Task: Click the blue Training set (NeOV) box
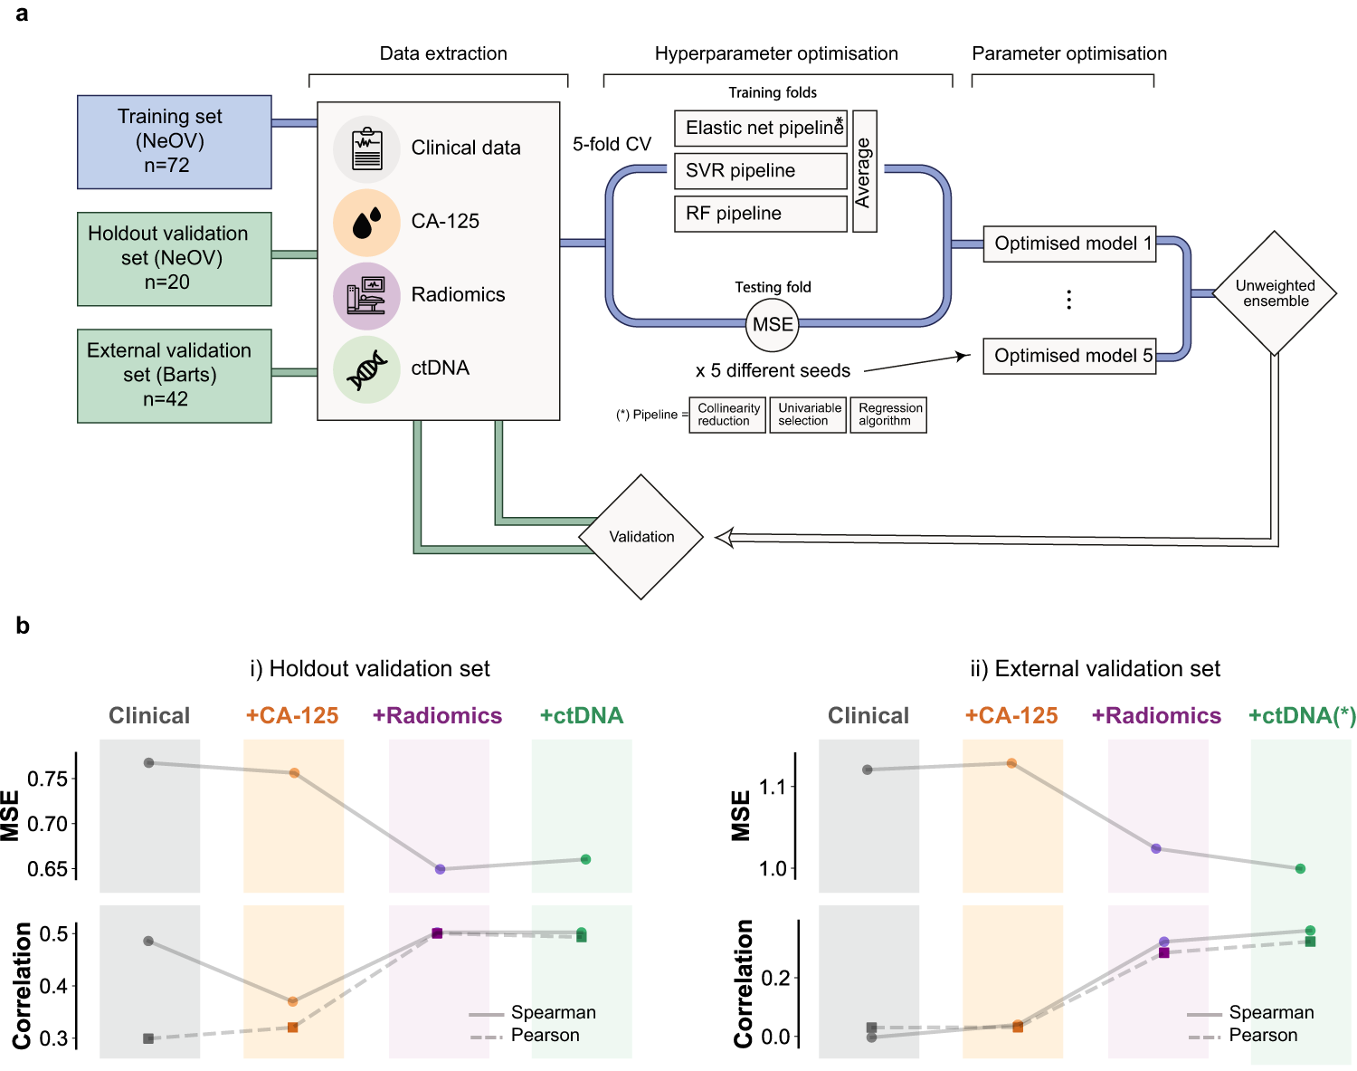tap(174, 142)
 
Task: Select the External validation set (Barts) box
tap(174, 376)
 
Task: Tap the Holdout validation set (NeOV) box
tap(174, 259)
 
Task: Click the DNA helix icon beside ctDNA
tap(366, 368)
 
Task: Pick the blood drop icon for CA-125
tap(366, 222)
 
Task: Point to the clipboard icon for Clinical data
tap(366, 148)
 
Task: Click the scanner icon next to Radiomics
tap(366, 295)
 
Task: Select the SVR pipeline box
tap(760, 171)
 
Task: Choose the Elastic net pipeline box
tap(760, 129)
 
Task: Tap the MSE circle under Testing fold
tap(773, 325)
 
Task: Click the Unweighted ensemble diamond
tap(1275, 293)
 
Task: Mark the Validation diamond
tap(641, 537)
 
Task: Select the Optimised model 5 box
tap(1069, 356)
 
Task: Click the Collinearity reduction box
tap(727, 415)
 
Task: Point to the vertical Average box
tap(865, 172)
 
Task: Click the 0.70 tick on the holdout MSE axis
tap(47, 824)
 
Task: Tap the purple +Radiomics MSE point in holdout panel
tap(440, 869)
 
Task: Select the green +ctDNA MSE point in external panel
tap(1300, 868)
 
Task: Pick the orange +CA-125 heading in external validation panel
tap(1011, 716)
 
